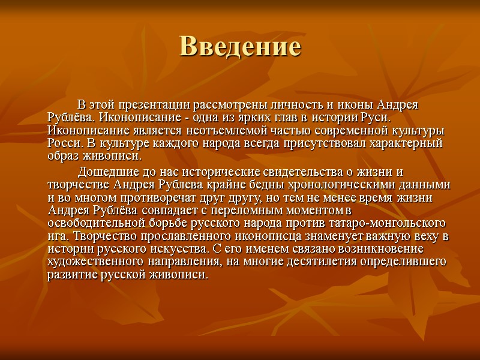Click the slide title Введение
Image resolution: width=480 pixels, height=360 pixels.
click(x=239, y=47)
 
